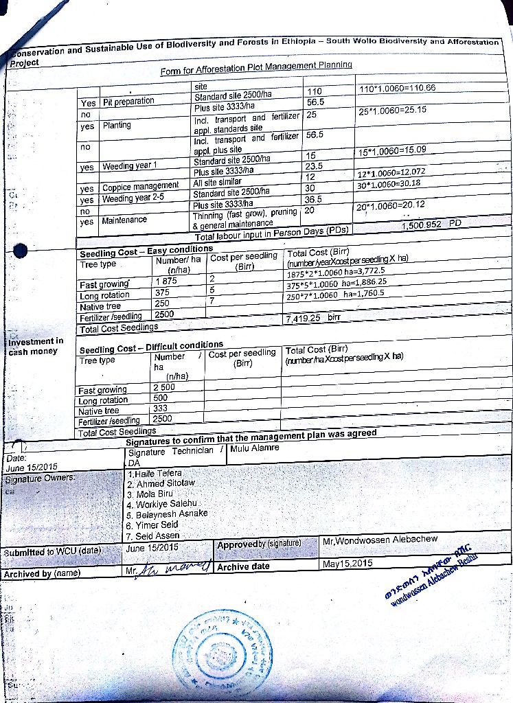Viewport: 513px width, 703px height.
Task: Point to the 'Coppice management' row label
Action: (140, 186)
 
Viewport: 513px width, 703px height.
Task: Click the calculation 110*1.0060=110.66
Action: (398, 89)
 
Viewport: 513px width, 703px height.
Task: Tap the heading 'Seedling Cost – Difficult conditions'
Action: (151, 345)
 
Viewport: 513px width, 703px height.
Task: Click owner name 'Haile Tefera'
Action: (155, 474)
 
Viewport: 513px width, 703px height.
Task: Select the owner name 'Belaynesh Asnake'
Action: (168, 514)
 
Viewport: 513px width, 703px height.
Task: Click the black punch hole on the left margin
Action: (21, 252)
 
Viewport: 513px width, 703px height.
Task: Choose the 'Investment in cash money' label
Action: (36, 346)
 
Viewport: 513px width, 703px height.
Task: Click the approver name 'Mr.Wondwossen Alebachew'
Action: (380, 540)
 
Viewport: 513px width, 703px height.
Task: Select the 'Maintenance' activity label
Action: (124, 220)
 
